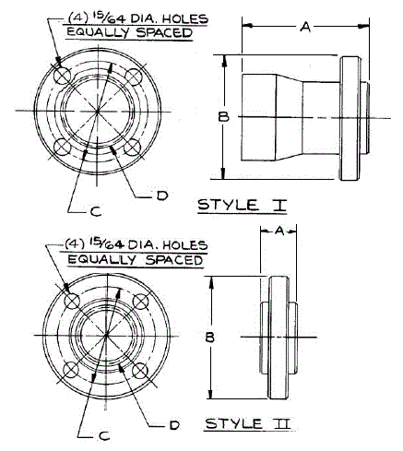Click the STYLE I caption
point(242,204)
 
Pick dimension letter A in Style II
point(279,234)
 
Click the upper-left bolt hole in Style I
point(62,74)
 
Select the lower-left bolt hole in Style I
point(62,147)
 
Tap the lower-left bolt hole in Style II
point(70,370)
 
